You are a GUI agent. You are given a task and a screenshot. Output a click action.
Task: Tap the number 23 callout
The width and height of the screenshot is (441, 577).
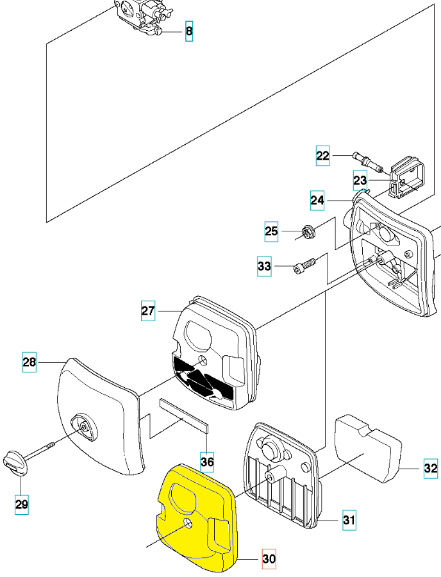click(x=360, y=180)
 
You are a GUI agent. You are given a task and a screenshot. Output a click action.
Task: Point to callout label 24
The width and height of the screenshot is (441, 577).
click(x=317, y=200)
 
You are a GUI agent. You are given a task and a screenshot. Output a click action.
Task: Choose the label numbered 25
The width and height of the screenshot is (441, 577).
click(x=272, y=231)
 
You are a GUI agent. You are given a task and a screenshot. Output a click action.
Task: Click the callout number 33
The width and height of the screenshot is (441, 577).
click(x=264, y=266)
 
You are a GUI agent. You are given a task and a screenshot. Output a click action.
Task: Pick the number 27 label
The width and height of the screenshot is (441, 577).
click(x=148, y=312)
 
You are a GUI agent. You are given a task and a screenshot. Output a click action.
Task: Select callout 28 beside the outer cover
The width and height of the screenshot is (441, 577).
click(x=29, y=362)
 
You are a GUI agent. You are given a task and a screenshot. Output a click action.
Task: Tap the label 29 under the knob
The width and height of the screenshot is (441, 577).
click(x=22, y=505)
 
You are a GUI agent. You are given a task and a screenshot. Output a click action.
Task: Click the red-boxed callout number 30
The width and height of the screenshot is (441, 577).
click(x=269, y=559)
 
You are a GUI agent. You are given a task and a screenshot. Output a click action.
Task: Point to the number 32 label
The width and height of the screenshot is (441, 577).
click(x=430, y=469)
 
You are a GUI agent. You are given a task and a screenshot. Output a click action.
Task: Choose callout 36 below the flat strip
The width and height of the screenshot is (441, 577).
click(x=206, y=460)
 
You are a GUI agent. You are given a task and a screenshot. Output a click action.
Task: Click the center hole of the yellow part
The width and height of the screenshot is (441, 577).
click(x=188, y=524)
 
